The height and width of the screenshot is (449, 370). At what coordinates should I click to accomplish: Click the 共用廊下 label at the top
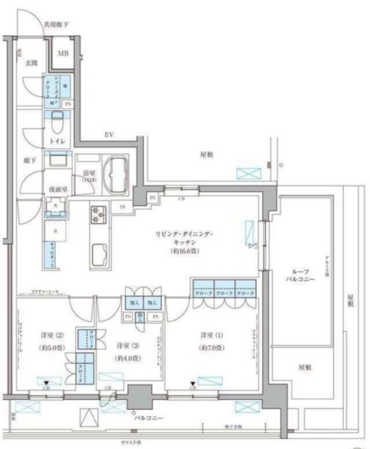pyautogui.click(x=56, y=25)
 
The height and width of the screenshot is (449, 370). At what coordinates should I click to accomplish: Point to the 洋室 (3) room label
pyautogui.click(x=126, y=345)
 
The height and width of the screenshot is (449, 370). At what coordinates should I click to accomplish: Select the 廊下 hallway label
pyautogui.click(x=28, y=161)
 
